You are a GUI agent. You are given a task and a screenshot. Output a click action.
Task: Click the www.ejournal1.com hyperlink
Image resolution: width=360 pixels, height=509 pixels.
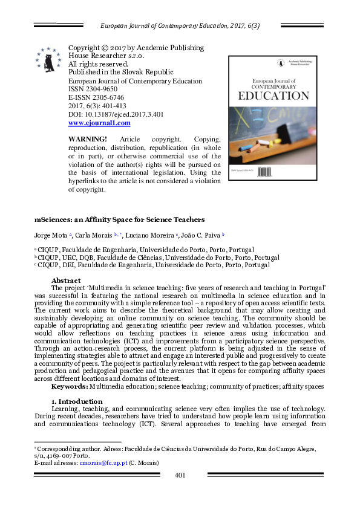click(x=99, y=123)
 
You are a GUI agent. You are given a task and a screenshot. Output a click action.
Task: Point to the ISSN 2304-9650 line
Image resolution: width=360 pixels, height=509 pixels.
click(x=94, y=89)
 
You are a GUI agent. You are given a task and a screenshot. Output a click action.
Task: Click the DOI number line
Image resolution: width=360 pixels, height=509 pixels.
click(x=116, y=114)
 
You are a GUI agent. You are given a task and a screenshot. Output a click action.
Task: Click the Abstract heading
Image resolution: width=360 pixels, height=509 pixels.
click(x=66, y=280)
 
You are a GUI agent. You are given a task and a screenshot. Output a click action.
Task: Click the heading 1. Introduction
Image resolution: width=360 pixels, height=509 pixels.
click(x=76, y=401)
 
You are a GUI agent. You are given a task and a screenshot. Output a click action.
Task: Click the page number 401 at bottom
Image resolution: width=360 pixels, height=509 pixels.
click(x=180, y=475)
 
